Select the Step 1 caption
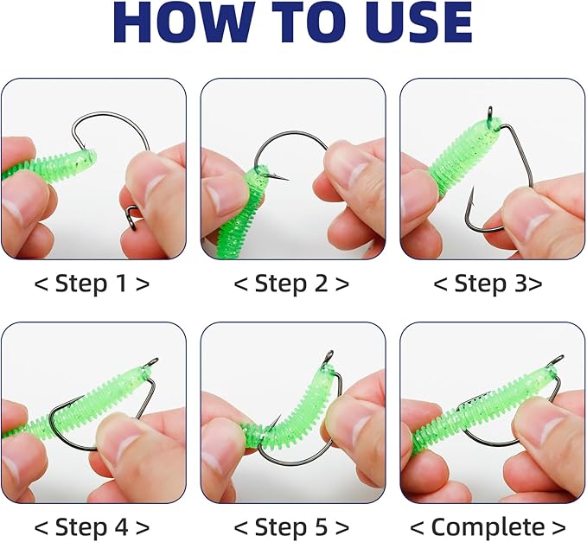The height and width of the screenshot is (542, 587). (x=93, y=284)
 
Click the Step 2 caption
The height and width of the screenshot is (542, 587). (x=292, y=284)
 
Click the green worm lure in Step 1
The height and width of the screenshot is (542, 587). (x=52, y=165)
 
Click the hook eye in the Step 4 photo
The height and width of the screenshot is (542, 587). (x=153, y=364)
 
